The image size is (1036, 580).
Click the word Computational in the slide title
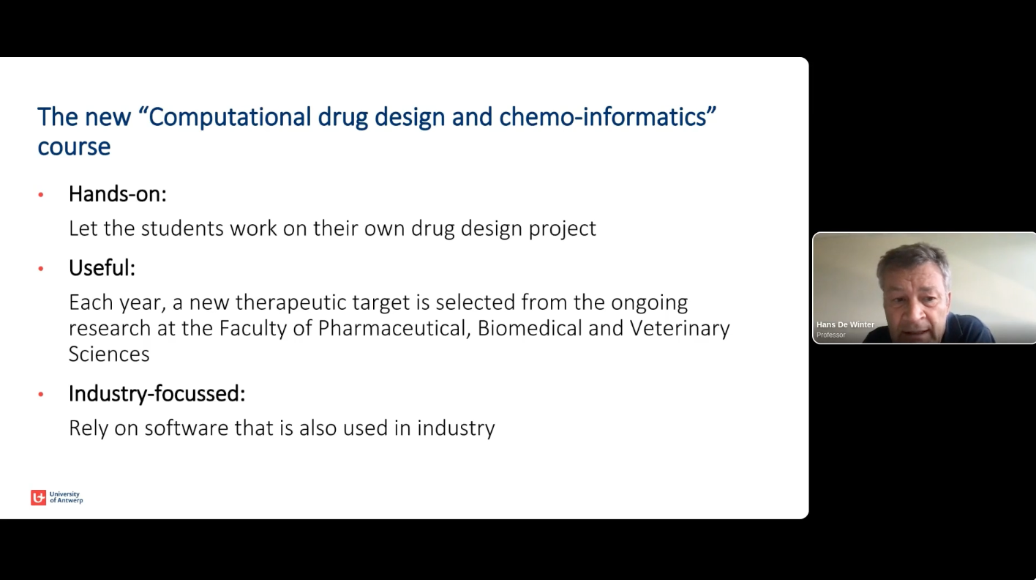click(230, 117)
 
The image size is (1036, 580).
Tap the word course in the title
click(74, 146)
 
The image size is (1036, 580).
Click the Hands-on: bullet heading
click(118, 193)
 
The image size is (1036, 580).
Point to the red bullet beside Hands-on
click(41, 195)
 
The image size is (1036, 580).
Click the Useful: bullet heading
click(102, 267)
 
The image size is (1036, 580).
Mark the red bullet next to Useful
click(41, 269)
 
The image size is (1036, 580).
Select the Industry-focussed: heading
click(157, 393)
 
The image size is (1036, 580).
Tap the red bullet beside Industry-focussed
click(41, 395)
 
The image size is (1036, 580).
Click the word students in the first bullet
click(182, 228)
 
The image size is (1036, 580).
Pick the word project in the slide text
click(563, 229)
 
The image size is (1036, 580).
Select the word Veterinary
click(680, 328)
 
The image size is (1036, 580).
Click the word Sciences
click(109, 354)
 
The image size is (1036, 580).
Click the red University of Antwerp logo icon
click(38, 497)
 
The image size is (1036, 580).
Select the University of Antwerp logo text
click(66, 497)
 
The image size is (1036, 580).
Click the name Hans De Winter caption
click(845, 324)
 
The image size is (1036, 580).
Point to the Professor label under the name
click(830, 335)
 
